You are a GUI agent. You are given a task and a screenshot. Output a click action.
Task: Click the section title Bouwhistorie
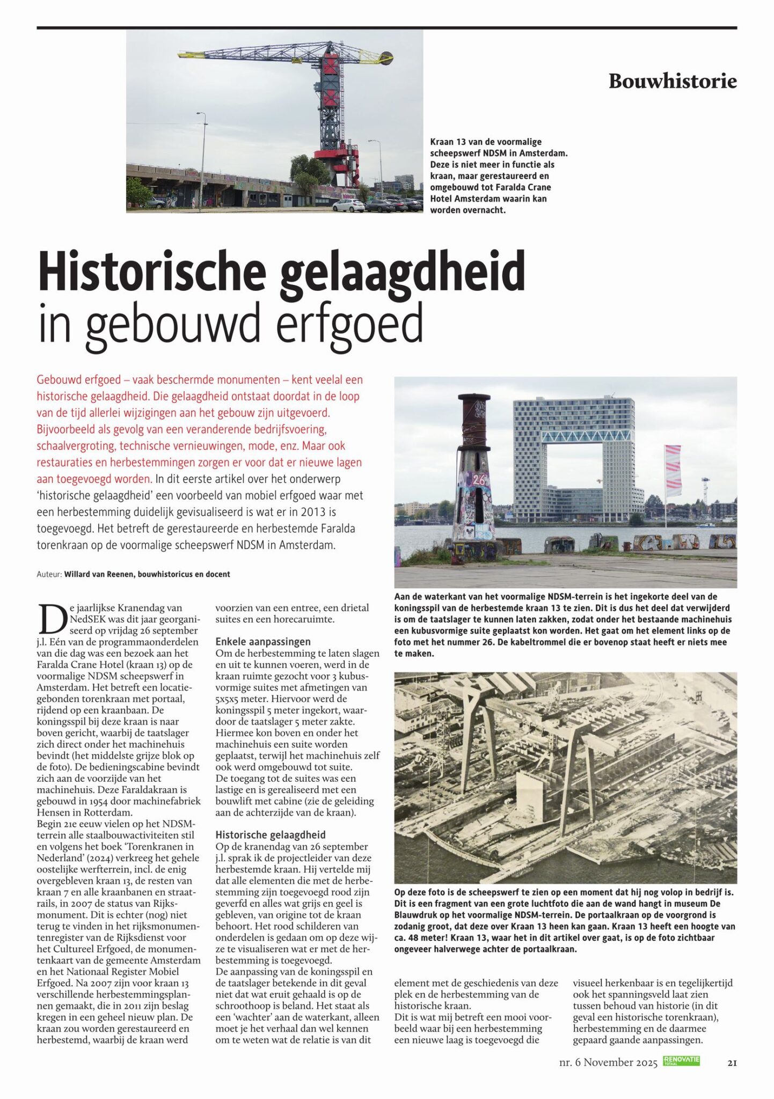coord(672,81)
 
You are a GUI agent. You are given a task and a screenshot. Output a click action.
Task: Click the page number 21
coord(732,1063)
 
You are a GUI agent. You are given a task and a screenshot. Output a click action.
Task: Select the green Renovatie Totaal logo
coord(681,1060)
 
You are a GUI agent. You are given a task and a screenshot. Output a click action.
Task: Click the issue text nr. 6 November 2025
coord(608,1063)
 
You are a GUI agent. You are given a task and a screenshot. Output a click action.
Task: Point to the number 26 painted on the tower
coord(478,480)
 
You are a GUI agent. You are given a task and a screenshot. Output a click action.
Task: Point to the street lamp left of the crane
coord(202,161)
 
